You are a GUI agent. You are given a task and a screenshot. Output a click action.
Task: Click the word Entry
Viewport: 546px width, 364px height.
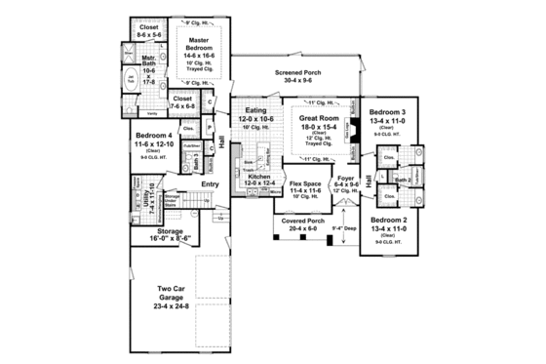coord(210,184)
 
